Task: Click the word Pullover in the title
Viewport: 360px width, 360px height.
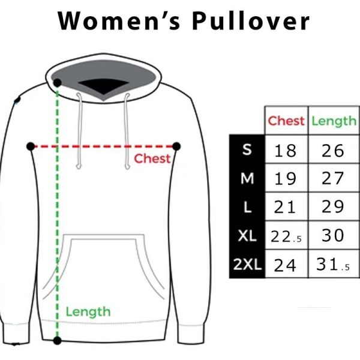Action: [251, 21]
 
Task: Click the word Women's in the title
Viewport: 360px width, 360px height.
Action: [119, 21]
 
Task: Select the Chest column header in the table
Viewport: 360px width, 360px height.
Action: [286, 121]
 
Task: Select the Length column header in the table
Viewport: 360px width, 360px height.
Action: [334, 121]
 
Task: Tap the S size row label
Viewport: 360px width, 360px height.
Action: [247, 149]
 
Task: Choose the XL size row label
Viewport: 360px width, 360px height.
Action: [247, 236]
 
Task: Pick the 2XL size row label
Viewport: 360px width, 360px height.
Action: [247, 265]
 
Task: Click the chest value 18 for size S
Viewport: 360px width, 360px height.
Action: [285, 151]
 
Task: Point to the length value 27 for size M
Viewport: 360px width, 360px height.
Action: [333, 178]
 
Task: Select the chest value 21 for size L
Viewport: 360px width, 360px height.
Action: [284, 207]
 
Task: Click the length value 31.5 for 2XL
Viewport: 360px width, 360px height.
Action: [333, 265]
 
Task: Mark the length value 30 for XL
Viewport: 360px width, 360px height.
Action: [333, 235]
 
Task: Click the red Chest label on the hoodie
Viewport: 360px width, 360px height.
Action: [152, 158]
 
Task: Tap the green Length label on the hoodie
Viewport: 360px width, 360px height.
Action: [88, 312]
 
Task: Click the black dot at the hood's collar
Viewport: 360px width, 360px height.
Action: [57, 83]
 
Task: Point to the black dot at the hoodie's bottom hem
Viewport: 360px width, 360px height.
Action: [57, 340]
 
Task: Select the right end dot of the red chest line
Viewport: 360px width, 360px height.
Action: [176, 146]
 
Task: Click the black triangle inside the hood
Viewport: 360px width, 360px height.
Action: [104, 86]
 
